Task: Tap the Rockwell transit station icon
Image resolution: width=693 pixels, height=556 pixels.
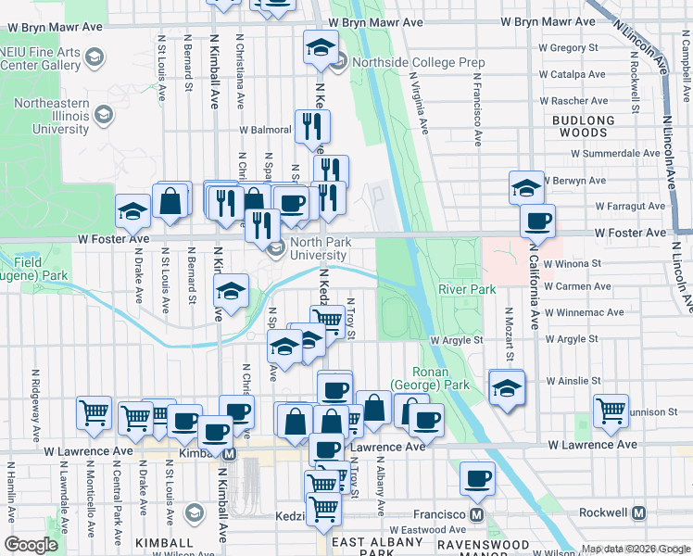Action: pyautogui.click(x=639, y=512)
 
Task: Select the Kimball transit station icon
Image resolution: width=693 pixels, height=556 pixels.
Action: pyautogui.click(x=228, y=454)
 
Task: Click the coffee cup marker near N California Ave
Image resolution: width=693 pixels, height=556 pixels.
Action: pyautogui.click(x=537, y=221)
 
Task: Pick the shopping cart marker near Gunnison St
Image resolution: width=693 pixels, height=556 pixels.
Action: pyautogui.click(x=611, y=410)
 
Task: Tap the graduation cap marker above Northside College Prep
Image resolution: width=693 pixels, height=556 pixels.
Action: pyautogui.click(x=321, y=47)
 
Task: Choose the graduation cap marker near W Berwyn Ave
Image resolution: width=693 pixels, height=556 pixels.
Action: pyautogui.click(x=526, y=187)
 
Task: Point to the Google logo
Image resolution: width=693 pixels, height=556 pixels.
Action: pyautogui.click(x=31, y=545)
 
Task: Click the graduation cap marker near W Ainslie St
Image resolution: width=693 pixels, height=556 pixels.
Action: pyautogui.click(x=507, y=386)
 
